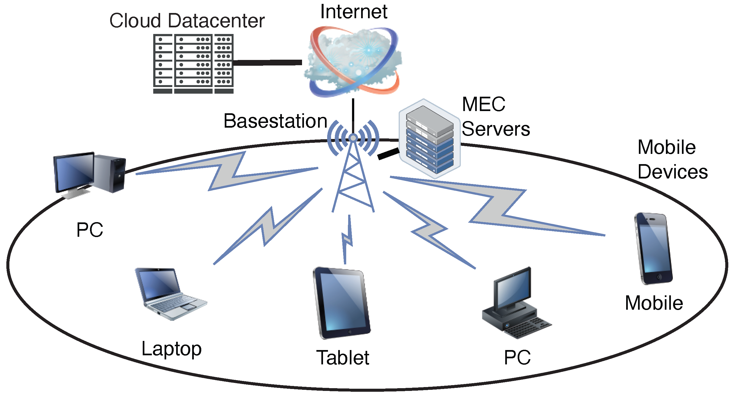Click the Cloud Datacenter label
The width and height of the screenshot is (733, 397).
(187, 21)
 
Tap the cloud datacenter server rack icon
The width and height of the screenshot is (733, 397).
(193, 64)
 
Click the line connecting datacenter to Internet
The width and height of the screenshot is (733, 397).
(268, 62)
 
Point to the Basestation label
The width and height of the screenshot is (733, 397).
(275, 121)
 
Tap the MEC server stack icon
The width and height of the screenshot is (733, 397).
(429, 139)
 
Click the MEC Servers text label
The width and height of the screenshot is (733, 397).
(495, 117)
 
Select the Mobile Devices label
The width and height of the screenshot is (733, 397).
(672, 159)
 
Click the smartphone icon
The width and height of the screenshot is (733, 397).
(653, 248)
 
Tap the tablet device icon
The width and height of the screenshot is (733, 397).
(342, 303)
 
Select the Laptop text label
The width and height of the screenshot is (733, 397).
(171, 349)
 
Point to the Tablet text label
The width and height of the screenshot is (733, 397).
(343, 358)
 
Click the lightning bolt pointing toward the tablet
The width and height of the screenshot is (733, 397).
(347, 239)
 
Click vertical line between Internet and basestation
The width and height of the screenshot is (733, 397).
(353, 115)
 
